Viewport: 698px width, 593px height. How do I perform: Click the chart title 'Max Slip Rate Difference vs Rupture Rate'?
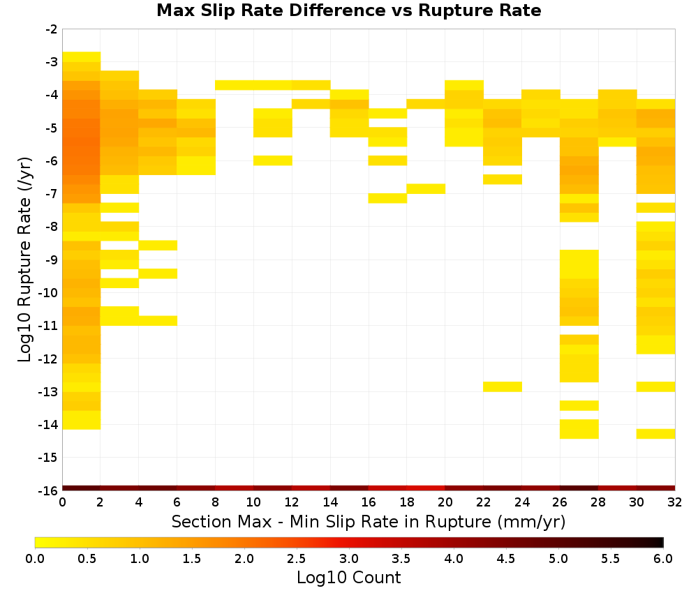348,10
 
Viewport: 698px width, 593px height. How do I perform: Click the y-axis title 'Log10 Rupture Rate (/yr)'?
24,260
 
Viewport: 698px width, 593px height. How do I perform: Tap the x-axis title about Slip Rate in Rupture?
368,521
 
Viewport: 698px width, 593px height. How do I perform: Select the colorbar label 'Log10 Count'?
348,578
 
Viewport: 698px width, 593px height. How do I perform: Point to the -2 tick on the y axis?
52,29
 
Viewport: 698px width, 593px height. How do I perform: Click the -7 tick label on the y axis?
52,194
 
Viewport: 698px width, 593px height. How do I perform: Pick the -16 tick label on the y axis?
49,490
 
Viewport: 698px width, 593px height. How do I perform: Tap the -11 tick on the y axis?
49,326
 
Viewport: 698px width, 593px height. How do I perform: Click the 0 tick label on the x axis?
62,502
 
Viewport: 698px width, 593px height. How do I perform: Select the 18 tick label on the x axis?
407,502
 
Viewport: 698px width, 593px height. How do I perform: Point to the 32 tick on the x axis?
675,502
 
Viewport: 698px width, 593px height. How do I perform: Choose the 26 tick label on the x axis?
560,502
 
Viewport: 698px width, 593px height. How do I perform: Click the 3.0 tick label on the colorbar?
349,558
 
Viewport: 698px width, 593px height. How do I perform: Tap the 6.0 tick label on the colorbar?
663,558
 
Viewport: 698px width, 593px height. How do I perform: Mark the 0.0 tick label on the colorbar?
35,558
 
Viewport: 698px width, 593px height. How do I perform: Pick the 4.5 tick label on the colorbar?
506,558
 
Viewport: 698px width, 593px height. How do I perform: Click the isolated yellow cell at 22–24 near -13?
503,386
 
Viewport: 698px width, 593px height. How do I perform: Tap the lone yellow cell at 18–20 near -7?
426,188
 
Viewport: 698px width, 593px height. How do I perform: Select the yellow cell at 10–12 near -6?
273,160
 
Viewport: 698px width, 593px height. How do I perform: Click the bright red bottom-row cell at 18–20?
426,488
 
